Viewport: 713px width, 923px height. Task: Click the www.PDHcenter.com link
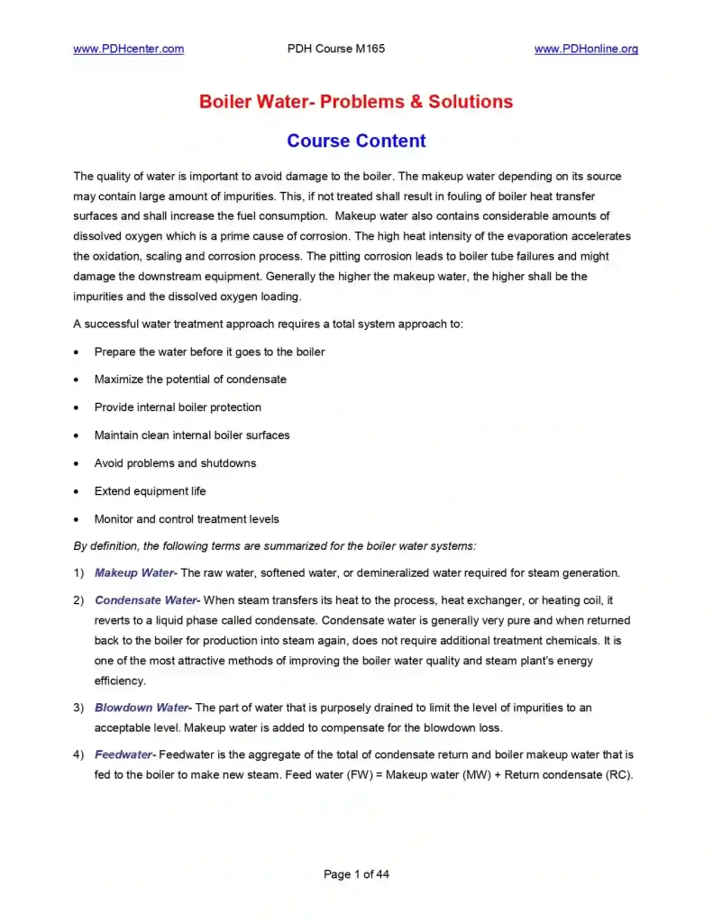(x=128, y=49)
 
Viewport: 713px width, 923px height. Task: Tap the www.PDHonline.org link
(x=586, y=49)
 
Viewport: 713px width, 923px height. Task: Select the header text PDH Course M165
(x=335, y=49)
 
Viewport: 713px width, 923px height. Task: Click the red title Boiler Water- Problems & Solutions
(x=356, y=102)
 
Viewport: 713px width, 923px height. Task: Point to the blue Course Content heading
(x=356, y=142)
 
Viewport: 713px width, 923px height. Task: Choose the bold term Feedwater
(x=124, y=754)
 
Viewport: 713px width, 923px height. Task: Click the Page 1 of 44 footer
(x=356, y=873)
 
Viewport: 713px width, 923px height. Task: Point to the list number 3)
(x=78, y=708)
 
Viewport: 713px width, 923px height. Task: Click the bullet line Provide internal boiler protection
(x=178, y=407)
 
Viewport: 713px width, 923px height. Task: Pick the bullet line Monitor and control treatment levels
(x=187, y=519)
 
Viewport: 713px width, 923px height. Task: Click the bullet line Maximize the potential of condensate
(x=190, y=379)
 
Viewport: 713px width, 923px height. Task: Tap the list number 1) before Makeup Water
(x=78, y=572)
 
